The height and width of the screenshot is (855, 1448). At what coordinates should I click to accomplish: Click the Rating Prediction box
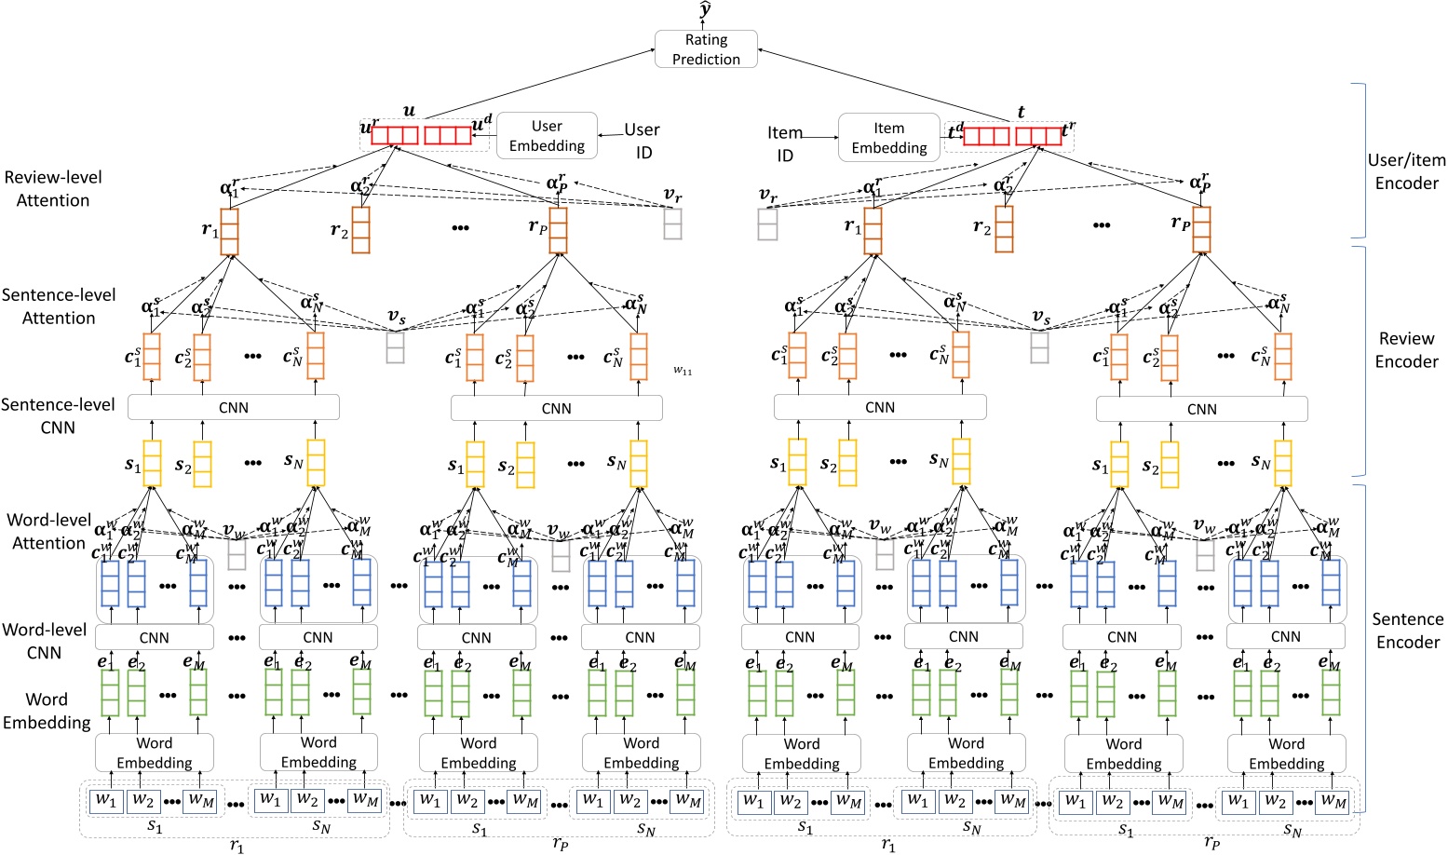(x=706, y=49)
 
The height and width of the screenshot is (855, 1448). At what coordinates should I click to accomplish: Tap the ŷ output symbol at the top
(x=706, y=11)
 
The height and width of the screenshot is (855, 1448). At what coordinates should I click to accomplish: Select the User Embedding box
(x=547, y=136)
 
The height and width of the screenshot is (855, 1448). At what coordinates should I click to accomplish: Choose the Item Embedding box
(x=888, y=138)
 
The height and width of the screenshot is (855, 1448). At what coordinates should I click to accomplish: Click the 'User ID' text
(x=642, y=141)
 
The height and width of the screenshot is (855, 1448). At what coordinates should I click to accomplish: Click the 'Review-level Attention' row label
(x=53, y=188)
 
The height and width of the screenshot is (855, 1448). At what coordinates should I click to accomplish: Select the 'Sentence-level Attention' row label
(x=59, y=306)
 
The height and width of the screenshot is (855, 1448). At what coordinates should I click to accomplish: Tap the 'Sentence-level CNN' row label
(x=58, y=416)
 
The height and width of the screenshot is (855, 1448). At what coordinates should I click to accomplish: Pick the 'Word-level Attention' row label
(x=49, y=532)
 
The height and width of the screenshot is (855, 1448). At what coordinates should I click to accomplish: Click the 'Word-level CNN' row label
(x=45, y=641)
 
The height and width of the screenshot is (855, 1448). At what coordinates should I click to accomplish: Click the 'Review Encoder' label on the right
(x=1406, y=350)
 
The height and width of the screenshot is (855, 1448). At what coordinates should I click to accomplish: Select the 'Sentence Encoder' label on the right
(x=1407, y=631)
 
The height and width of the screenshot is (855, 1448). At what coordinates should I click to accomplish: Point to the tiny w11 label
(x=683, y=371)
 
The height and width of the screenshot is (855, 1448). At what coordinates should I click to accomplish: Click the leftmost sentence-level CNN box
(x=233, y=408)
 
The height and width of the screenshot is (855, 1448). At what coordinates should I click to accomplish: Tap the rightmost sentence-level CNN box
(x=1201, y=409)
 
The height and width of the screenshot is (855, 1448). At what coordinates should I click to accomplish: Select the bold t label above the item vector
(x=1021, y=112)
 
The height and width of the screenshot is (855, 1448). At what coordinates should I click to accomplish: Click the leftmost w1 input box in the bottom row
(x=106, y=800)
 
